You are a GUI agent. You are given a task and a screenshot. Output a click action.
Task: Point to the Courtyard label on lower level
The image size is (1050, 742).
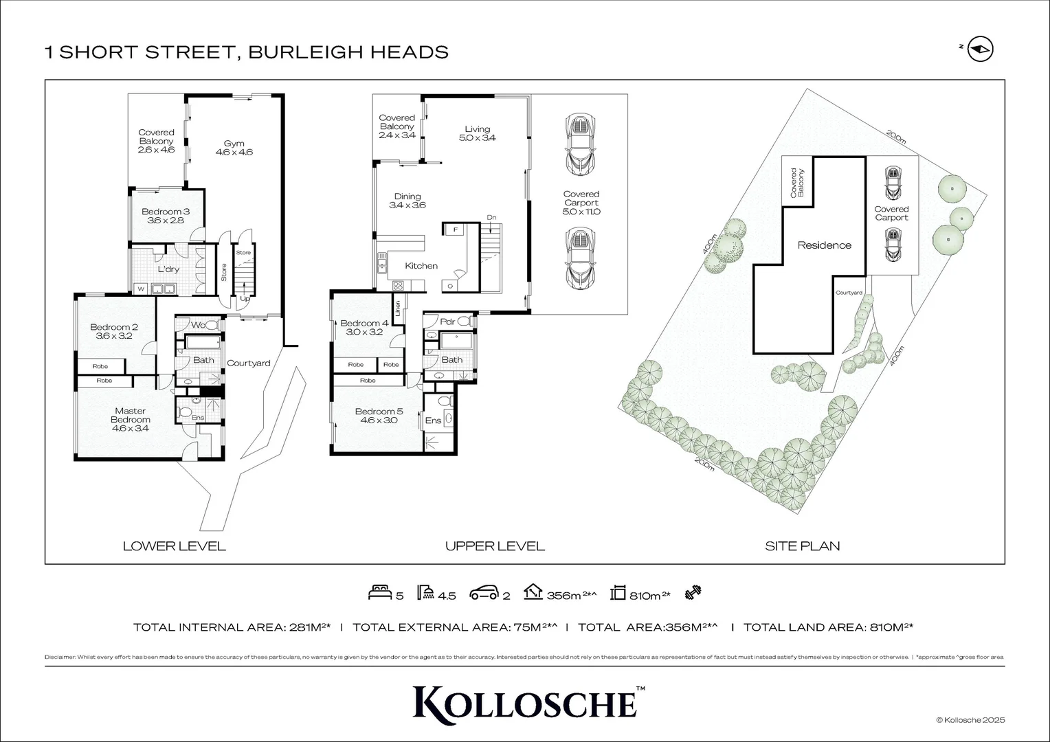click(249, 363)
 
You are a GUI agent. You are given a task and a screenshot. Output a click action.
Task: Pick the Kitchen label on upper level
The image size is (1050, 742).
click(421, 266)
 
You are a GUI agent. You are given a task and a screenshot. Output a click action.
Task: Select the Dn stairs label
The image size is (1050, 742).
click(491, 218)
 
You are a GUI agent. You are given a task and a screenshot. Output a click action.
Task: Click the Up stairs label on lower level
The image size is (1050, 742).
click(245, 299)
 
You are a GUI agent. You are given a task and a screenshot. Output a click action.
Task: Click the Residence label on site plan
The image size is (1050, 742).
click(824, 245)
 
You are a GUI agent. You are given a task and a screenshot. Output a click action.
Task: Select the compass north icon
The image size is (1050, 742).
click(981, 49)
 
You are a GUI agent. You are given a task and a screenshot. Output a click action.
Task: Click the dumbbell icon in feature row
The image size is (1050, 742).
click(693, 594)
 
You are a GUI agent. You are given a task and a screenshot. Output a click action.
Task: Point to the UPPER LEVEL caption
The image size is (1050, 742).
click(495, 547)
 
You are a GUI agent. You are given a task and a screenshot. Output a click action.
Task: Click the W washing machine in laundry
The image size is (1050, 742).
click(141, 289)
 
